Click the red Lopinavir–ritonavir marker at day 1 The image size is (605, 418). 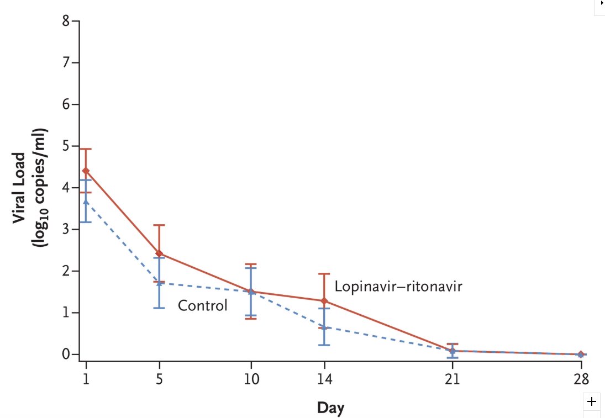[86, 171]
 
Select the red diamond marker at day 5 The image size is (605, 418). [159, 253]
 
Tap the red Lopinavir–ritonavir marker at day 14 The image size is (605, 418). [324, 301]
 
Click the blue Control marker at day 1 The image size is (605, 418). [86, 202]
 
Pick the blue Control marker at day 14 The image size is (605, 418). [324, 327]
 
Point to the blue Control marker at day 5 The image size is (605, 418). [159, 283]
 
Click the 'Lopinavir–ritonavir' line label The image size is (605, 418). [398, 287]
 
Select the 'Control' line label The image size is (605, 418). [202, 305]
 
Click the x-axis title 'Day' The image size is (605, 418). [330, 408]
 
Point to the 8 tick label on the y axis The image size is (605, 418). [66, 22]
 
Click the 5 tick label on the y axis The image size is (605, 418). [66, 146]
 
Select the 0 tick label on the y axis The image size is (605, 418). [66, 354]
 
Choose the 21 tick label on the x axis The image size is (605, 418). [453, 380]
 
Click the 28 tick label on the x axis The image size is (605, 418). [581, 380]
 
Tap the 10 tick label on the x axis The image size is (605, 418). [251, 380]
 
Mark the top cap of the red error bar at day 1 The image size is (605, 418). [86, 149]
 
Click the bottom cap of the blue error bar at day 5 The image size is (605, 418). [159, 308]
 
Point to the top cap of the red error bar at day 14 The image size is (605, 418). [324, 274]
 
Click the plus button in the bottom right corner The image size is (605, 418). [592, 401]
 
